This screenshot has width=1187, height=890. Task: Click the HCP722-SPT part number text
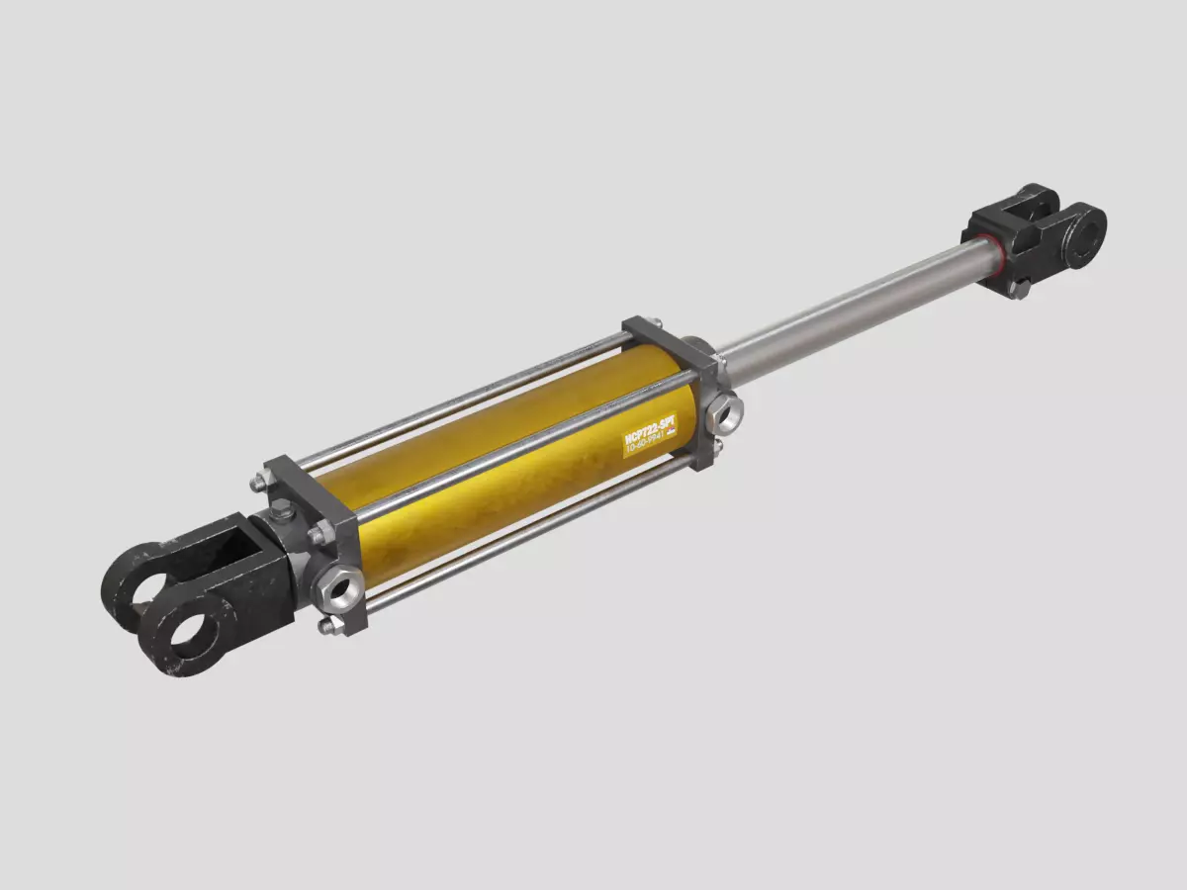(649, 431)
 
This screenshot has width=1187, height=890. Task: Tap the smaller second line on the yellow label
(649, 446)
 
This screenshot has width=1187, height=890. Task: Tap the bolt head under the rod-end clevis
(1020, 288)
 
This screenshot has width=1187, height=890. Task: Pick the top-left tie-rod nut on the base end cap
(258, 482)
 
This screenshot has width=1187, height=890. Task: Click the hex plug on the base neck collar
(282, 511)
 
